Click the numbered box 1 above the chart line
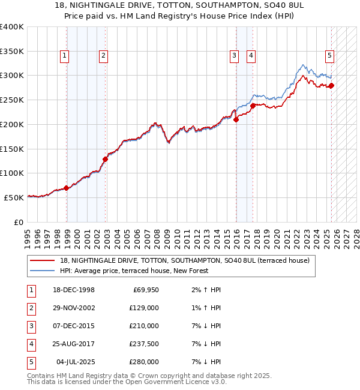click(x=64, y=56)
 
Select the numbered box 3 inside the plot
click(x=233, y=56)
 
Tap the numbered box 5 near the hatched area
click(x=329, y=56)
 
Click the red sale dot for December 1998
click(x=66, y=188)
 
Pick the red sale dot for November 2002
click(x=105, y=159)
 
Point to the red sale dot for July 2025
click(x=331, y=85)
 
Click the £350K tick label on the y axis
click(x=12, y=51)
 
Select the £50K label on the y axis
click(x=14, y=197)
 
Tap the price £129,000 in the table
click(x=145, y=308)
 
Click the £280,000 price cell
click(x=145, y=362)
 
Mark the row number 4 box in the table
click(x=31, y=344)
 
